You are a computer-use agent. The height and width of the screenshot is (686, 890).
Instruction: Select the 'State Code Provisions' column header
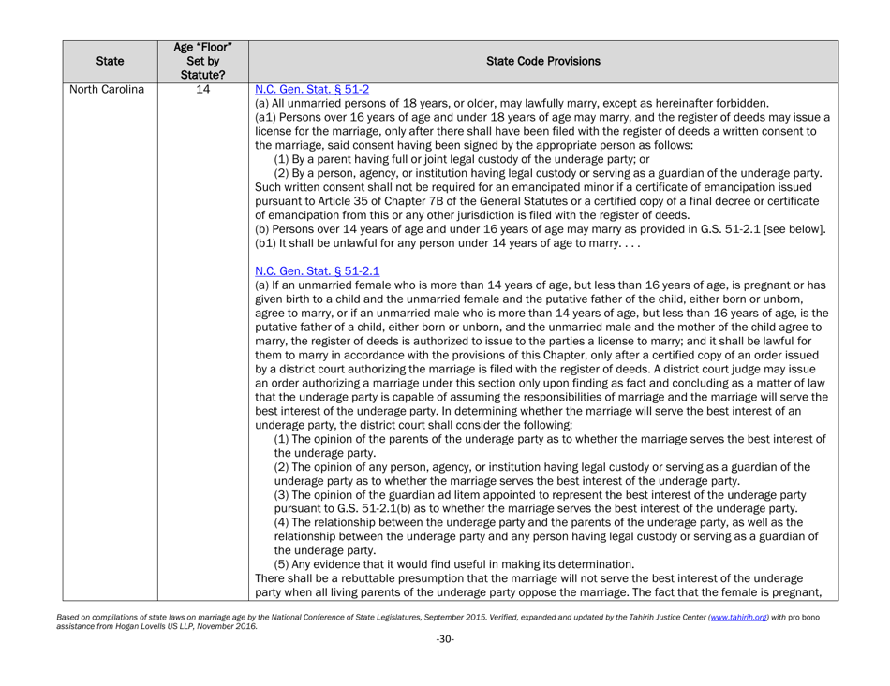pyautogui.click(x=567, y=43)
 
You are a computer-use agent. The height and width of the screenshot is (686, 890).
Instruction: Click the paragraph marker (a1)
pyautogui.click(x=265, y=121)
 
